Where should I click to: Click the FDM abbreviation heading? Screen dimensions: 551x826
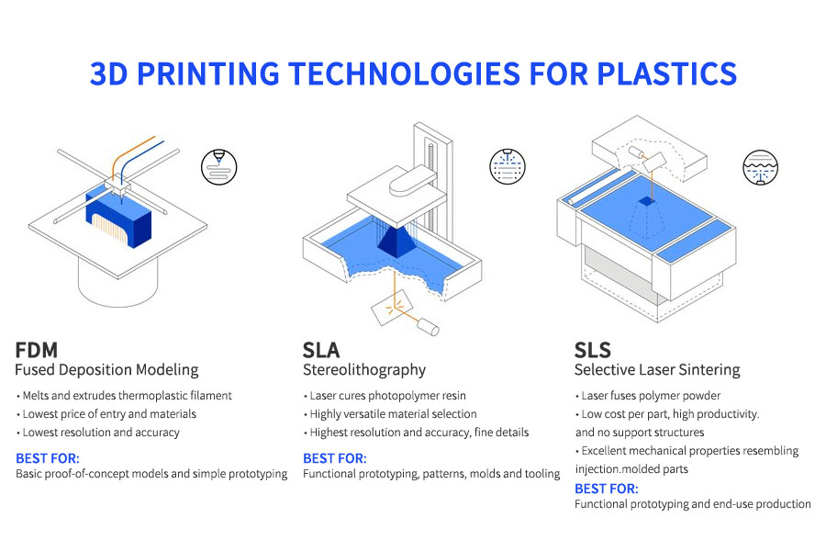pyautogui.click(x=38, y=350)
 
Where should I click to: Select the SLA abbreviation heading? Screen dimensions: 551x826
pyautogui.click(x=321, y=350)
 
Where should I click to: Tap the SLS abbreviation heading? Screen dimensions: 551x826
pyautogui.click(x=593, y=350)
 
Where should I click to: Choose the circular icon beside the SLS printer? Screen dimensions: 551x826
pyautogui.click(x=760, y=168)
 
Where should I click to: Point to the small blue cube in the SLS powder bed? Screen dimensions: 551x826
pyautogui.click(x=649, y=200)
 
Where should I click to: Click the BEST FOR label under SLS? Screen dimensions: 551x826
pyautogui.click(x=606, y=488)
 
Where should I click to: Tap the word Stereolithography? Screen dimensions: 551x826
pyautogui.click(x=364, y=370)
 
